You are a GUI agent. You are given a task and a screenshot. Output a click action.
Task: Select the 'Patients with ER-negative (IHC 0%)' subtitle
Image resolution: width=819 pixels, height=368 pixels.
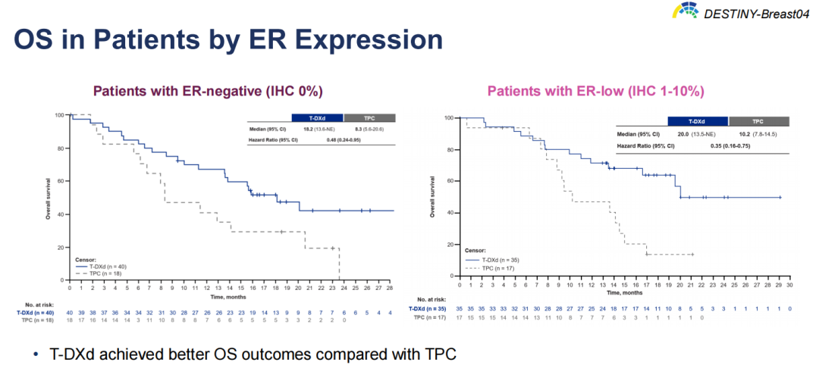coord(208,91)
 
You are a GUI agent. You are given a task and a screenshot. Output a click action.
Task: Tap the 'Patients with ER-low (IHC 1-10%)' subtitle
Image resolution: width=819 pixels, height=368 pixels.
coord(596,91)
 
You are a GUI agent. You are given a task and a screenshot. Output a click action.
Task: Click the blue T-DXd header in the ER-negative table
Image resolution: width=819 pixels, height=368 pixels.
coord(317,117)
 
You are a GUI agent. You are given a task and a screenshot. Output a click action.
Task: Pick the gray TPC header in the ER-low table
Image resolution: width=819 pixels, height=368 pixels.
coord(758,121)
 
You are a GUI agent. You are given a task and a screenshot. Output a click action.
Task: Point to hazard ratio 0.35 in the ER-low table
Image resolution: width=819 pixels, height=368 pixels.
coord(693,145)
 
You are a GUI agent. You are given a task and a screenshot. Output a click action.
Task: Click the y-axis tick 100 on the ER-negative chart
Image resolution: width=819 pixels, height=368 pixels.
coord(59,115)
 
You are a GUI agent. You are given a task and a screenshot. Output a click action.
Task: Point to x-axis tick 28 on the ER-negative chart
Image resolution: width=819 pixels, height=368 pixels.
coord(390,288)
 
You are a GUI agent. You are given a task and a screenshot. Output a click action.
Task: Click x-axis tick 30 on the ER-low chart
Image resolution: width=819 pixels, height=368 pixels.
coord(789,285)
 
